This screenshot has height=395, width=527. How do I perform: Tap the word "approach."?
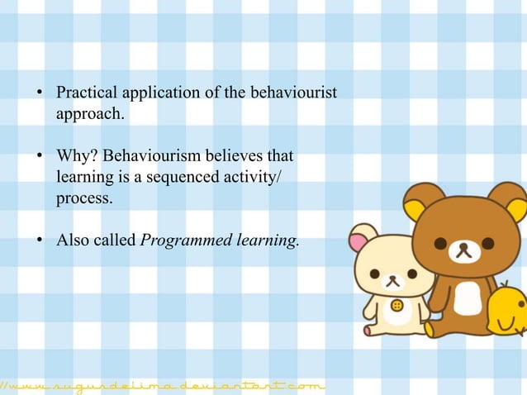[89, 114]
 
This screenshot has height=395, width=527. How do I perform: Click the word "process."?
[83, 198]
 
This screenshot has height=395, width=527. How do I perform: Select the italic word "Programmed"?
[180, 240]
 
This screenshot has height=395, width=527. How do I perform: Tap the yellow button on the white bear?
[396, 305]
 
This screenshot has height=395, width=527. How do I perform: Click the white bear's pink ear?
[358, 241]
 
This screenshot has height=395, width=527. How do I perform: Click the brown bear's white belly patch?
[468, 297]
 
